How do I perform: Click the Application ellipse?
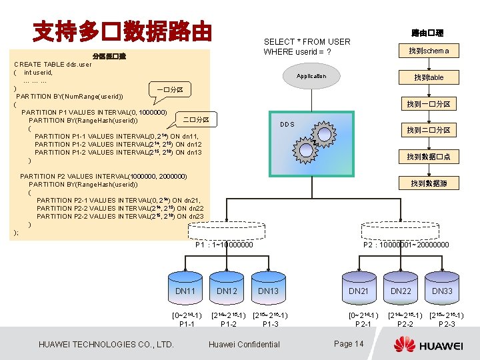point(311,76)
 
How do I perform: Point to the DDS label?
point(287,125)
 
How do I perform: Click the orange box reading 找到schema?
point(429,51)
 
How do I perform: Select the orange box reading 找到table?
point(429,77)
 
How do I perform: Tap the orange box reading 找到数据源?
point(429,183)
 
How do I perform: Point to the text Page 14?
point(349,343)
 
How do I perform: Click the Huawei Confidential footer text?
point(244,344)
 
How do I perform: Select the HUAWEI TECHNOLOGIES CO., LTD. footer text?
point(107,344)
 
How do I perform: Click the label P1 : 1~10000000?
point(224,245)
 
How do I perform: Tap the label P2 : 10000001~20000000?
point(406,245)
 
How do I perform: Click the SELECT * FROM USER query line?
point(307,41)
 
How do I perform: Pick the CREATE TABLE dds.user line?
point(53,65)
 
